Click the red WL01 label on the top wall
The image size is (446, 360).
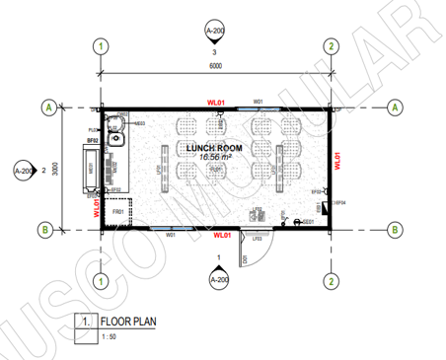(x=215, y=101)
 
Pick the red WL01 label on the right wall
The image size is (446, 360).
(x=337, y=161)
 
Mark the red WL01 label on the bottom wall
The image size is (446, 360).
(x=222, y=237)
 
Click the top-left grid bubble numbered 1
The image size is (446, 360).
(x=100, y=45)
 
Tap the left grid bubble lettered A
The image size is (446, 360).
(x=45, y=107)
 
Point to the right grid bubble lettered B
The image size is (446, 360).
(x=393, y=230)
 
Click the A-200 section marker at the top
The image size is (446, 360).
(x=215, y=30)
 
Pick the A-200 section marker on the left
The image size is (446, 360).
(x=24, y=170)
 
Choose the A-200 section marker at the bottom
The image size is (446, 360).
(x=217, y=280)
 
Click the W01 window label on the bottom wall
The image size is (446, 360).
(x=170, y=236)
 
